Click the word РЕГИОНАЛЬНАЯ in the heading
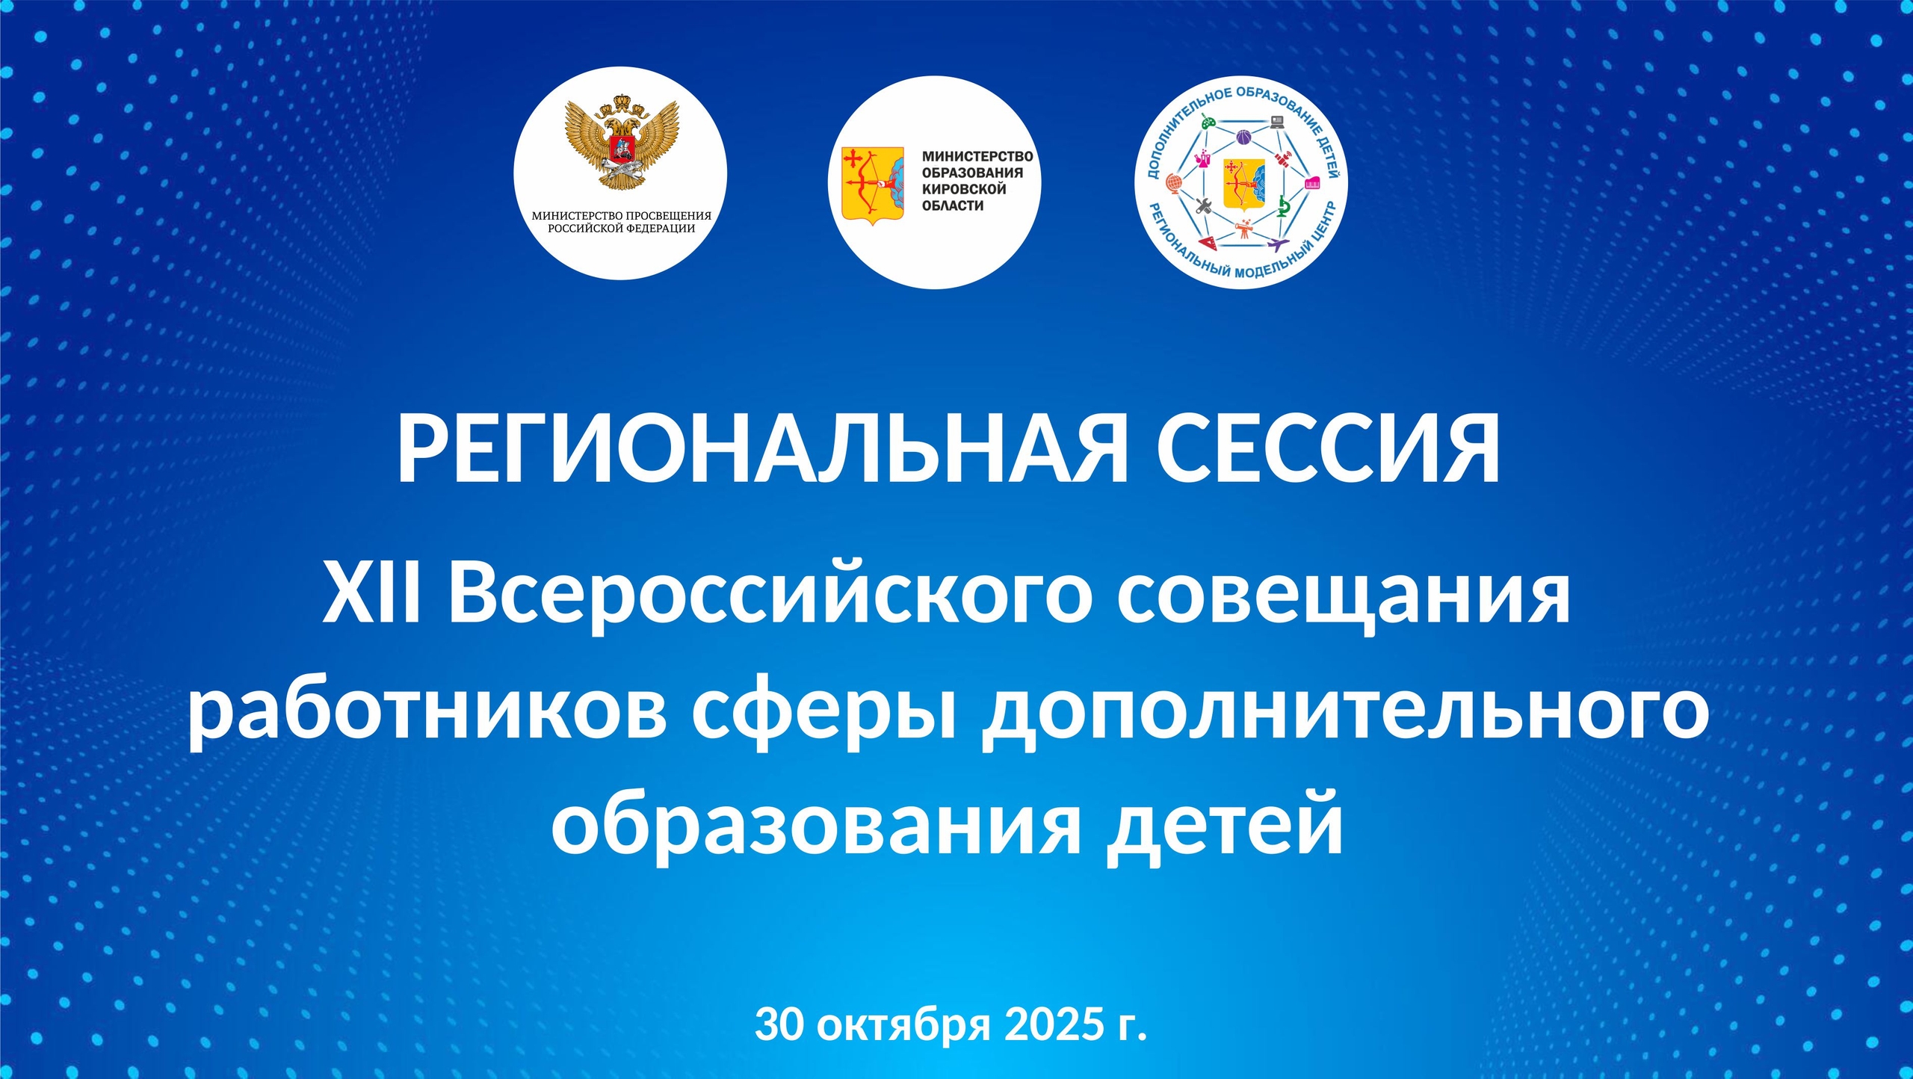pyautogui.click(x=761, y=449)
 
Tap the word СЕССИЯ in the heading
pyautogui.click(x=1328, y=449)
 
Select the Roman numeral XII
pyautogui.click(x=371, y=597)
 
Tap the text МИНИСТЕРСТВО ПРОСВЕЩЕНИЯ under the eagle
pyautogui.click(x=622, y=216)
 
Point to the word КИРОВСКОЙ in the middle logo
pyautogui.click(x=964, y=189)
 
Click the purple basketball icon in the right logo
pyautogui.click(x=1243, y=137)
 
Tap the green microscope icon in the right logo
pyautogui.click(x=1283, y=206)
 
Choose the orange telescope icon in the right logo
pyautogui.click(x=1243, y=228)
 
